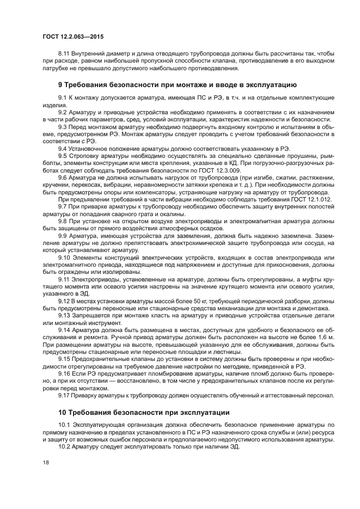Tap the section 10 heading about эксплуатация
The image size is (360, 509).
coord(144,411)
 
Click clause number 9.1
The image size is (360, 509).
coord(62,97)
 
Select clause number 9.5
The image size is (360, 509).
coord(62,155)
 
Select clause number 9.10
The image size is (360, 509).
coord(64,257)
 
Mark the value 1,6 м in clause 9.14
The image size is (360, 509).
coord(324,338)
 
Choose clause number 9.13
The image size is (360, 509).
coord(64,315)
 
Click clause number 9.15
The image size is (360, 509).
coord(64,359)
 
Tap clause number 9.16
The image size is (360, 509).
coord(64,373)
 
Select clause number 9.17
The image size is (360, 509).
coord(64,395)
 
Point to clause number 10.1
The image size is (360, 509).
coord(64,424)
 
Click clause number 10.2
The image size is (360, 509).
coord(64,446)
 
